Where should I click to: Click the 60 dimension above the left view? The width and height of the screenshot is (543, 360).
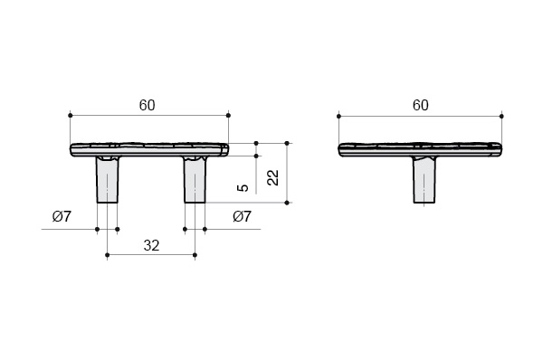click(x=148, y=105)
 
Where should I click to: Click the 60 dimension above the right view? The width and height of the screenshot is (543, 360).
click(x=421, y=105)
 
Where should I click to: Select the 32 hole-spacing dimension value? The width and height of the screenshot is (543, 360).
click(x=151, y=245)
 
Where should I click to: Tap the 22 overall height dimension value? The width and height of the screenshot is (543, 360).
click(x=273, y=177)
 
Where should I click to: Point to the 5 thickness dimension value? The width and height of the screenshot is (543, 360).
click(x=243, y=188)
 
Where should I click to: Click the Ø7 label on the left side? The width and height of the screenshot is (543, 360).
click(x=62, y=217)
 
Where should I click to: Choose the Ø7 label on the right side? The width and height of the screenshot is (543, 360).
click(x=242, y=217)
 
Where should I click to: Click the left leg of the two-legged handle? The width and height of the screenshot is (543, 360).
click(x=108, y=180)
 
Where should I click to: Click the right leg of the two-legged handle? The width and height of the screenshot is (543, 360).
click(x=195, y=180)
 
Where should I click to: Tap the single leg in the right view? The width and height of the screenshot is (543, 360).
click(x=424, y=180)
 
